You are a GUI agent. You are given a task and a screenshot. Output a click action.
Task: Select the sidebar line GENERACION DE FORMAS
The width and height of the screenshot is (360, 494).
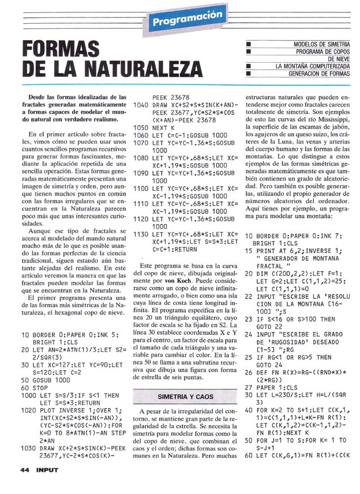point(319,73)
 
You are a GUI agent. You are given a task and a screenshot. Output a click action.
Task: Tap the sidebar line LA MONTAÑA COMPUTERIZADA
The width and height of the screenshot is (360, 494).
point(313,66)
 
